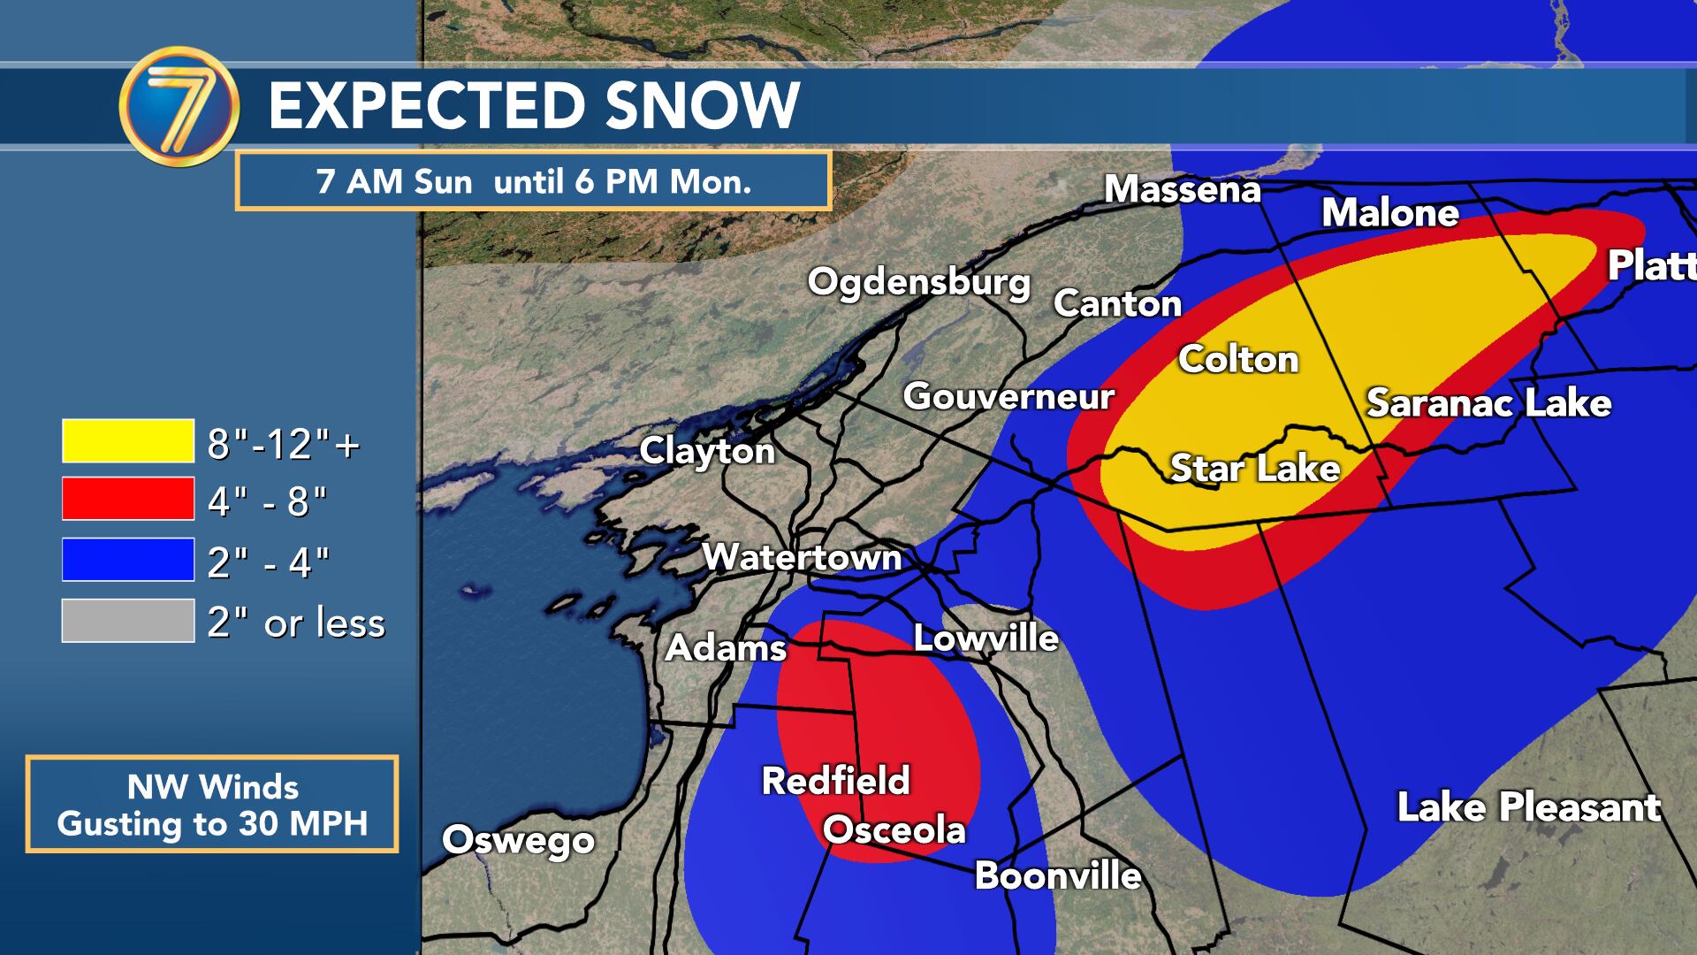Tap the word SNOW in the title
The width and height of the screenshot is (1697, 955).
[703, 105]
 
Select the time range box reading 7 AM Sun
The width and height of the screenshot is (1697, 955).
[533, 181]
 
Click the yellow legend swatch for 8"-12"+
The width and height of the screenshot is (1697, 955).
[128, 441]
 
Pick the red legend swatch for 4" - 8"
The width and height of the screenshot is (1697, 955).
[128, 499]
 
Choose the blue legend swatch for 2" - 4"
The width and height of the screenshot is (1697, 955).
[128, 560]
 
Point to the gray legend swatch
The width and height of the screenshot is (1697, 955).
[128, 621]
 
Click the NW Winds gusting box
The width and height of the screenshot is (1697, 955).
[212, 804]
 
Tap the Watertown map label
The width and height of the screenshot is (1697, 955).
[801, 557]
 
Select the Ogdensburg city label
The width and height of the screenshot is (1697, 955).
[919, 282]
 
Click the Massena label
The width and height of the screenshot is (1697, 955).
[1182, 189]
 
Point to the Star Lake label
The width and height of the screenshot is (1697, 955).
[1255, 468]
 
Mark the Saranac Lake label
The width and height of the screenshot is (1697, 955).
[1488, 403]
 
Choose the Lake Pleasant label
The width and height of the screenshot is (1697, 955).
[1528, 806]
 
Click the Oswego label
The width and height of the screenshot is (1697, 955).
[518, 840]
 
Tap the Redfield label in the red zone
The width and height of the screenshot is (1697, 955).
[835, 780]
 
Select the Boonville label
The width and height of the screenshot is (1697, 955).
[1057, 875]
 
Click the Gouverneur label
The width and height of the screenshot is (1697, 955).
[1008, 396]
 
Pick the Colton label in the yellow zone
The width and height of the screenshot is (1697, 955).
[1238, 359]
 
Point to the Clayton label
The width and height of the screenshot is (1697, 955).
[707, 451]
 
